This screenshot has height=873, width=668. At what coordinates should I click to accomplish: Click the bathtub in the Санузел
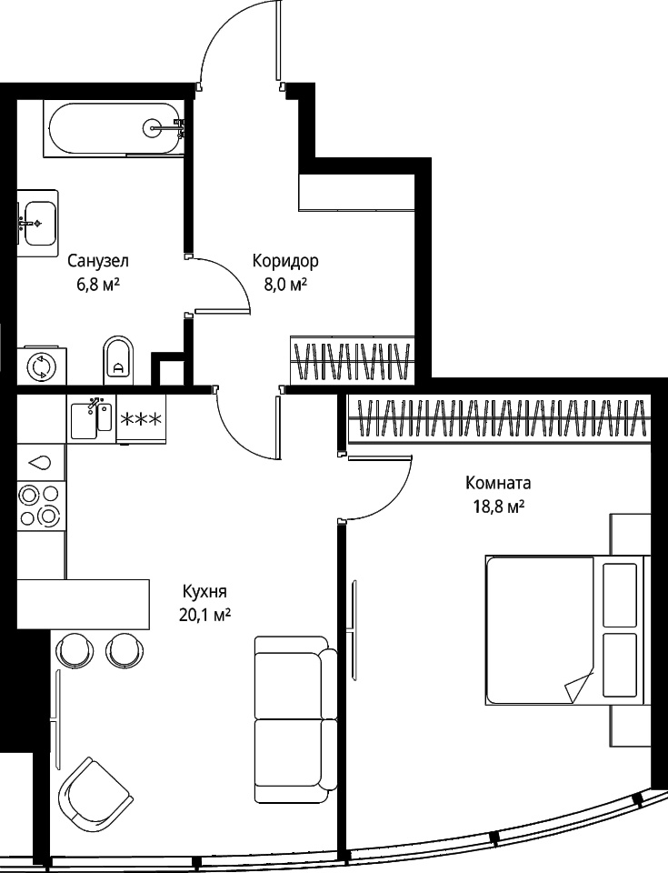(115, 128)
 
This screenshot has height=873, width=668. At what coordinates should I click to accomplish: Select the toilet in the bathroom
(118, 360)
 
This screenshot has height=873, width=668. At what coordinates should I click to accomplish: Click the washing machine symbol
(42, 366)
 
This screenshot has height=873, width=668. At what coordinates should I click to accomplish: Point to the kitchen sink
(92, 418)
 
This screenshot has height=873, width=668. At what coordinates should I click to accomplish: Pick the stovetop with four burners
(40, 506)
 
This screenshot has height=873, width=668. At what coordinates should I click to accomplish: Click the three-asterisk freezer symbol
(142, 418)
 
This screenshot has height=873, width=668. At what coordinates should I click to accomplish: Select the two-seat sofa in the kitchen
(295, 719)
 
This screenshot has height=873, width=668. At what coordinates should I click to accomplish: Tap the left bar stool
(75, 649)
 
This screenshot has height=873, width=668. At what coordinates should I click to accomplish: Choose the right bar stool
(123, 649)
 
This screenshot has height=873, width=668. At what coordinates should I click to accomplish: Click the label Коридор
(285, 261)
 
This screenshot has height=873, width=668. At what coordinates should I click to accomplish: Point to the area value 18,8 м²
(499, 507)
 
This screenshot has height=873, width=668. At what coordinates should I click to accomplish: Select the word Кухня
(204, 591)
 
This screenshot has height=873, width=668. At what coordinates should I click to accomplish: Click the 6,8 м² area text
(98, 285)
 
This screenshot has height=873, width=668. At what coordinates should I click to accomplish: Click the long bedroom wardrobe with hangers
(499, 418)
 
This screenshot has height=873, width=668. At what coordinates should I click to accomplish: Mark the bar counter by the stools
(84, 604)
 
